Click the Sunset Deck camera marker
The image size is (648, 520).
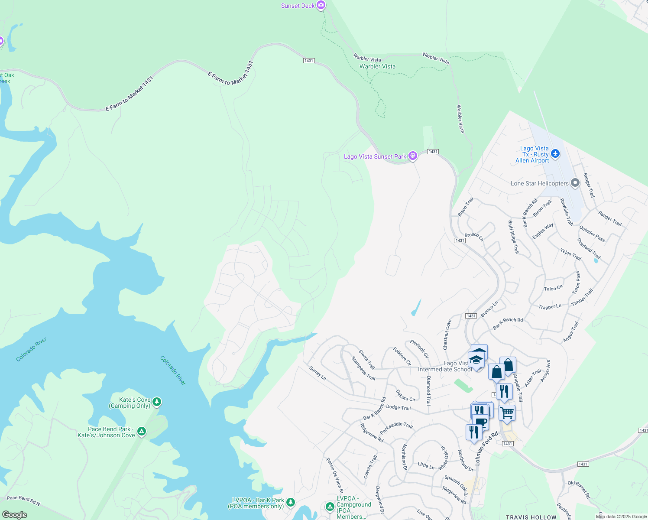(x=321, y=5)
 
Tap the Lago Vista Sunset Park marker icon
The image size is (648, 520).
(x=413, y=156)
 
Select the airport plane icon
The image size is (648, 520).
(x=556, y=154)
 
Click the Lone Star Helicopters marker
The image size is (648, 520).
(x=575, y=183)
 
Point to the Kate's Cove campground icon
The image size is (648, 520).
(x=157, y=402)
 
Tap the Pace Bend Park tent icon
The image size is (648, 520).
(x=142, y=432)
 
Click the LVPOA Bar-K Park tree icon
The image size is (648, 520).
(x=291, y=502)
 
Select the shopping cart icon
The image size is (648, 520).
(x=507, y=412)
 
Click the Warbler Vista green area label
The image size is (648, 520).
(x=377, y=66)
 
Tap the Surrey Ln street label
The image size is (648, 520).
(x=318, y=373)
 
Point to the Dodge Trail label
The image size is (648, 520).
(x=398, y=408)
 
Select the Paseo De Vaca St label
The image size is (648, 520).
(x=334, y=475)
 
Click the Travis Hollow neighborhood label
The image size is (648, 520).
(x=531, y=517)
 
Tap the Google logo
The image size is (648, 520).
(x=14, y=514)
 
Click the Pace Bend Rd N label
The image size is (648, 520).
(x=23, y=500)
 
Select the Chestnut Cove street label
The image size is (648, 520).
(x=447, y=335)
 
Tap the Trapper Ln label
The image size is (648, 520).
(x=550, y=306)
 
